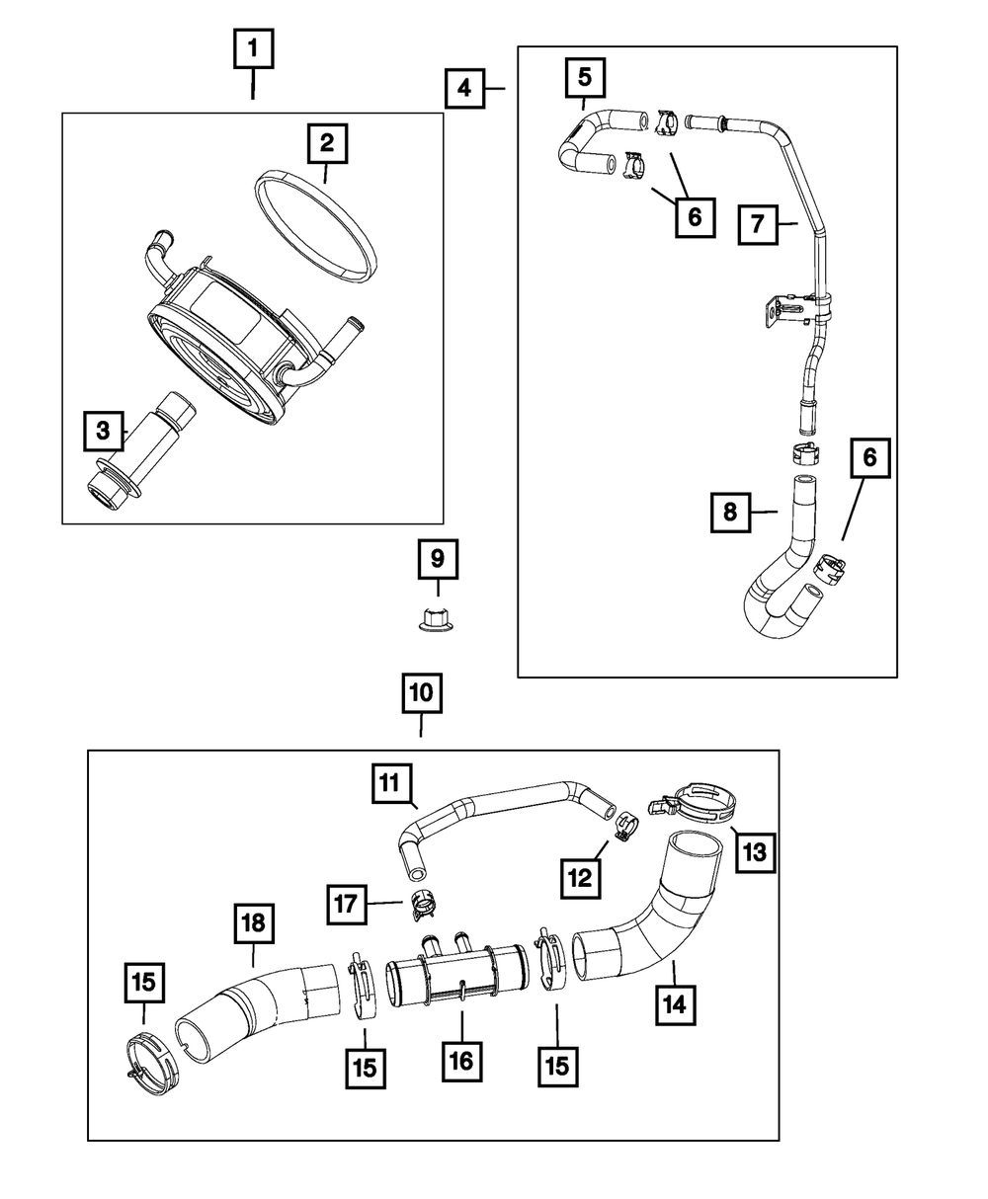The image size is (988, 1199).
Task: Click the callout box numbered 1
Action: (253, 48)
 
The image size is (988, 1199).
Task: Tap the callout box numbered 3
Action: (103, 430)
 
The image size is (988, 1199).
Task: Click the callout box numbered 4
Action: (463, 89)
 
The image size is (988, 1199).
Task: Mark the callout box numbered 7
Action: (758, 224)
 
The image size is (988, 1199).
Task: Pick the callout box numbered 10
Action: (421, 693)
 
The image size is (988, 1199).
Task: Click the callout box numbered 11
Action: (391, 785)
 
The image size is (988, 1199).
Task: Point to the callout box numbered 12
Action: (581, 876)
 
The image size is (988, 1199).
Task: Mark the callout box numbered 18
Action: (254, 924)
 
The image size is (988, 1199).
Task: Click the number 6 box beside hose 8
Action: (869, 459)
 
